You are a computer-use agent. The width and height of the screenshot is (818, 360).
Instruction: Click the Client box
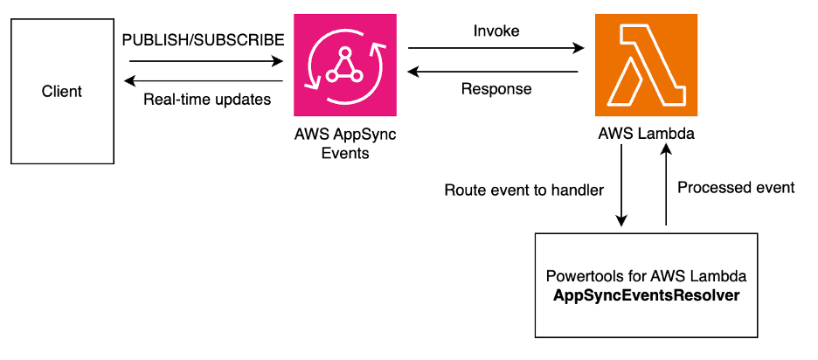tap(61, 90)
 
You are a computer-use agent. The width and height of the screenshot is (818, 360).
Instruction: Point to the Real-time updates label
tap(206, 99)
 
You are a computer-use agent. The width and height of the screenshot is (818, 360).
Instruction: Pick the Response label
tap(496, 88)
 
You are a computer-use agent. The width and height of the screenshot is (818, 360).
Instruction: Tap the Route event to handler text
tap(524, 190)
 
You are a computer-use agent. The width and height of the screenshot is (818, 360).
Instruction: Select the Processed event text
tap(736, 188)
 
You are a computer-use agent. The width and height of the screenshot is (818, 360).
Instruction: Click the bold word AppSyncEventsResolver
tap(647, 295)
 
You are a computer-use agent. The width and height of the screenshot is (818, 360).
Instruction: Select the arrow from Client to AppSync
tap(206, 61)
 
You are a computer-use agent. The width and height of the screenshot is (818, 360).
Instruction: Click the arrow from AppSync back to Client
tap(206, 80)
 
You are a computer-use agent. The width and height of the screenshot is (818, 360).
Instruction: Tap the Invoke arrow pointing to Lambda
tap(495, 48)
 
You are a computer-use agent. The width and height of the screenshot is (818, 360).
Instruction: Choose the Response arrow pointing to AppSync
tap(495, 71)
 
